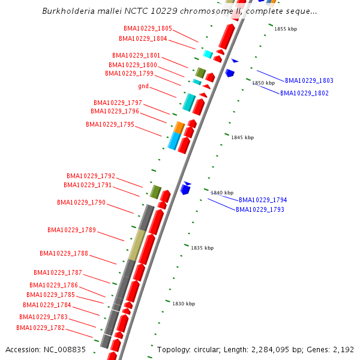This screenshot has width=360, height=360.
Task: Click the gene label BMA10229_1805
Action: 148,28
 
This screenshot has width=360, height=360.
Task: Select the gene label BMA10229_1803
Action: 309,80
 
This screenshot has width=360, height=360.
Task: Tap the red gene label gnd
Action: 143,86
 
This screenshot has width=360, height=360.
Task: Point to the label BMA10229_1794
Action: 263,200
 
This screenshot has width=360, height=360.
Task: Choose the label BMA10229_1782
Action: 40,328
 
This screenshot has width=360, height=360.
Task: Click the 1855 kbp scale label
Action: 286,29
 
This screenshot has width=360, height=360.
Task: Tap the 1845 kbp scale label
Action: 242,137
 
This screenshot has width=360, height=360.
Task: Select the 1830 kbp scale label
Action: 184,304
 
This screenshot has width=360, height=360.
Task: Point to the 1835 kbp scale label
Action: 202,247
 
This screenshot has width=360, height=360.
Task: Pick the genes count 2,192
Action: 342,349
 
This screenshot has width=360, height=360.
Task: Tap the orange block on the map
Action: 179,127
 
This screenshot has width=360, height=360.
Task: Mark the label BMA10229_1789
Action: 71,230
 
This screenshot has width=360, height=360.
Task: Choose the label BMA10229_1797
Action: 118,103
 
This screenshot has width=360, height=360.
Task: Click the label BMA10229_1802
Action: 304,93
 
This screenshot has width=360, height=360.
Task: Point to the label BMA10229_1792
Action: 91,176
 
